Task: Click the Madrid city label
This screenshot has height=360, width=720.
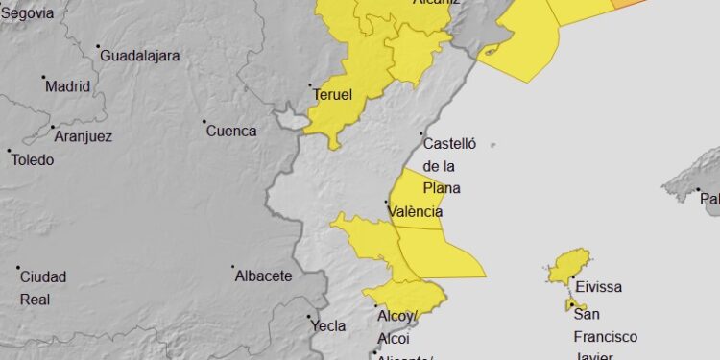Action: pos(67,85)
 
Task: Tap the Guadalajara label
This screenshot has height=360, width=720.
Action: pos(140,55)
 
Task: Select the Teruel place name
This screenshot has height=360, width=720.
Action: pos(333,95)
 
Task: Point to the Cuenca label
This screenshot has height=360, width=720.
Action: pos(231,131)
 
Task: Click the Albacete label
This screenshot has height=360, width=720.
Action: pos(263,276)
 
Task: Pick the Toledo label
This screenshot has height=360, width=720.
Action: pos(33,159)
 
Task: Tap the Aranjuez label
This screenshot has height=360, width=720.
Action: pos(84,136)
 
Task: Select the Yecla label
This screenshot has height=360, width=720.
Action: pos(328,325)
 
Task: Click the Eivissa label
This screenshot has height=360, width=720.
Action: pos(600,286)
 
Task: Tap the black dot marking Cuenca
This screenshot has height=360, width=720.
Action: pos(204,122)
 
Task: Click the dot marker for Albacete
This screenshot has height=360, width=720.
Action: pos(232,268)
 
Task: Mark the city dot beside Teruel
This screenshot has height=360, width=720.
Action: pos(311,86)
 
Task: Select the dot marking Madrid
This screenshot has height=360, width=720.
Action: pos(42,78)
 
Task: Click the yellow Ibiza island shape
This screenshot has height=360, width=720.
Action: pos(568,267)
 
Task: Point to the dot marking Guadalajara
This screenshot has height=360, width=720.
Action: pos(99,47)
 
